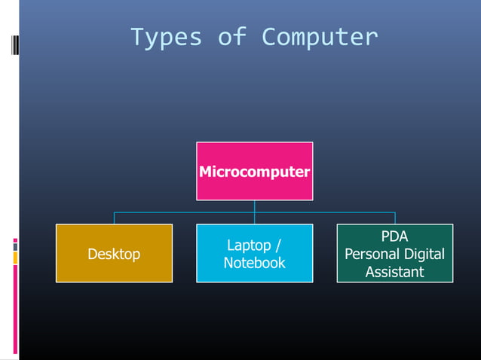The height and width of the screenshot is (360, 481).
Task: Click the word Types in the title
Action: [x=166, y=37]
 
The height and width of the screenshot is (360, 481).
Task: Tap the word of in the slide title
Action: [x=231, y=37]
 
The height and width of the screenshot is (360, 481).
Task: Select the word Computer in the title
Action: [x=320, y=37]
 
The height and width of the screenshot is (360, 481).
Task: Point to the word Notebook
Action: [x=254, y=263]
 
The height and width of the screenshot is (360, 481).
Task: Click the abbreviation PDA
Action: [x=394, y=236]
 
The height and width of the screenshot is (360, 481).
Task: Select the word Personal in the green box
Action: [x=371, y=254]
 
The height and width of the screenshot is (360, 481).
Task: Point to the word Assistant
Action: [x=394, y=271]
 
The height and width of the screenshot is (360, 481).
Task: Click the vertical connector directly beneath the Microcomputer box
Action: [x=254, y=206]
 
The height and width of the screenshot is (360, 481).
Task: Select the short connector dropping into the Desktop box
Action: [x=114, y=218]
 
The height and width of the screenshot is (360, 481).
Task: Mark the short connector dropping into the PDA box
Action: [x=394, y=218]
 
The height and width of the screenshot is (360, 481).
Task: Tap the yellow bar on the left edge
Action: [x=15, y=258]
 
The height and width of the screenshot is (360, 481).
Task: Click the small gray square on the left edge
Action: [x=15, y=245]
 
